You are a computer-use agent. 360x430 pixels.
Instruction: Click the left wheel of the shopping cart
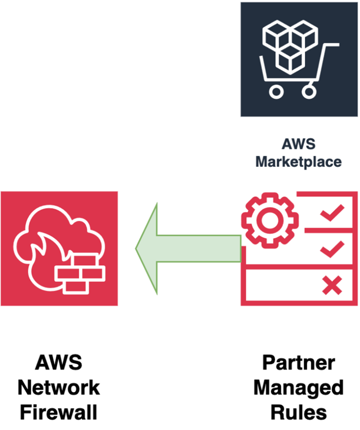click(x=276, y=92)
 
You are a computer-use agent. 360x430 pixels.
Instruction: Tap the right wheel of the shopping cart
click(x=308, y=92)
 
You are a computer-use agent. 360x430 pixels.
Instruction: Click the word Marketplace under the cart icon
click(x=298, y=161)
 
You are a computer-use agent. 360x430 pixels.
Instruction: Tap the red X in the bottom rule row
click(x=332, y=285)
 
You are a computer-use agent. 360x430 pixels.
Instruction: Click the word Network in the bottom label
click(x=59, y=387)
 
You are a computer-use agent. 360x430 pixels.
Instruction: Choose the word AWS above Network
click(x=59, y=363)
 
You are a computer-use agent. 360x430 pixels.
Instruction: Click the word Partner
click(x=298, y=363)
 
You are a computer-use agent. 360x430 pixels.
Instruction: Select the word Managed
click(x=298, y=387)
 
